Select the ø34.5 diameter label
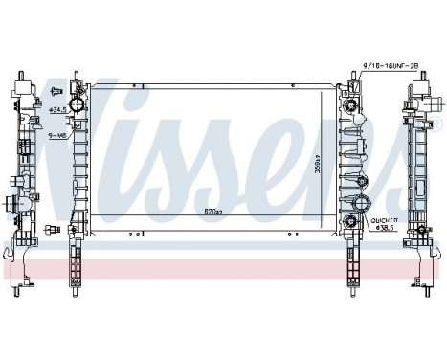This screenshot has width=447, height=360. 56,110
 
